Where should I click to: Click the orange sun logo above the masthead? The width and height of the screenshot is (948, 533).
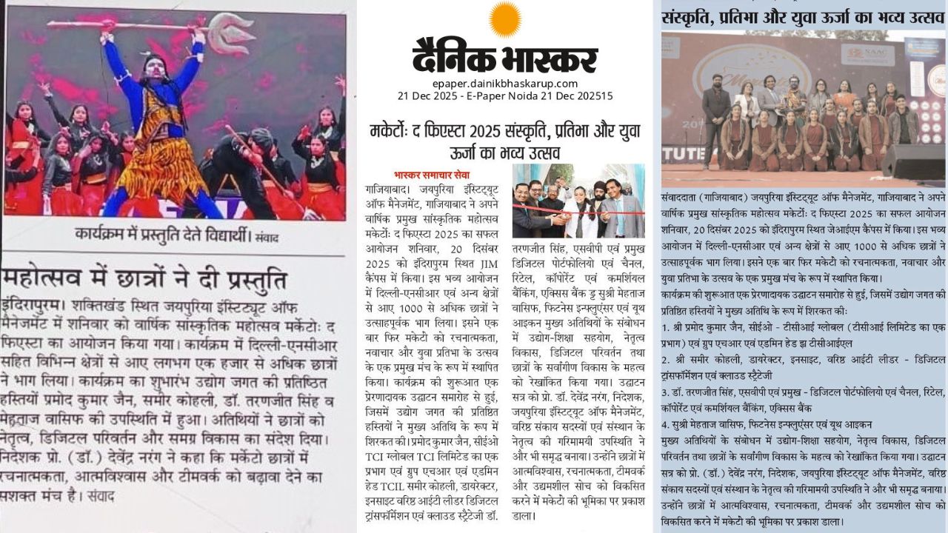click(505, 19)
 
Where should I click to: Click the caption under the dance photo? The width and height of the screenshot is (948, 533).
click(176, 235)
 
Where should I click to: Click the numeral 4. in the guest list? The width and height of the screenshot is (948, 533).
click(665, 424)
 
